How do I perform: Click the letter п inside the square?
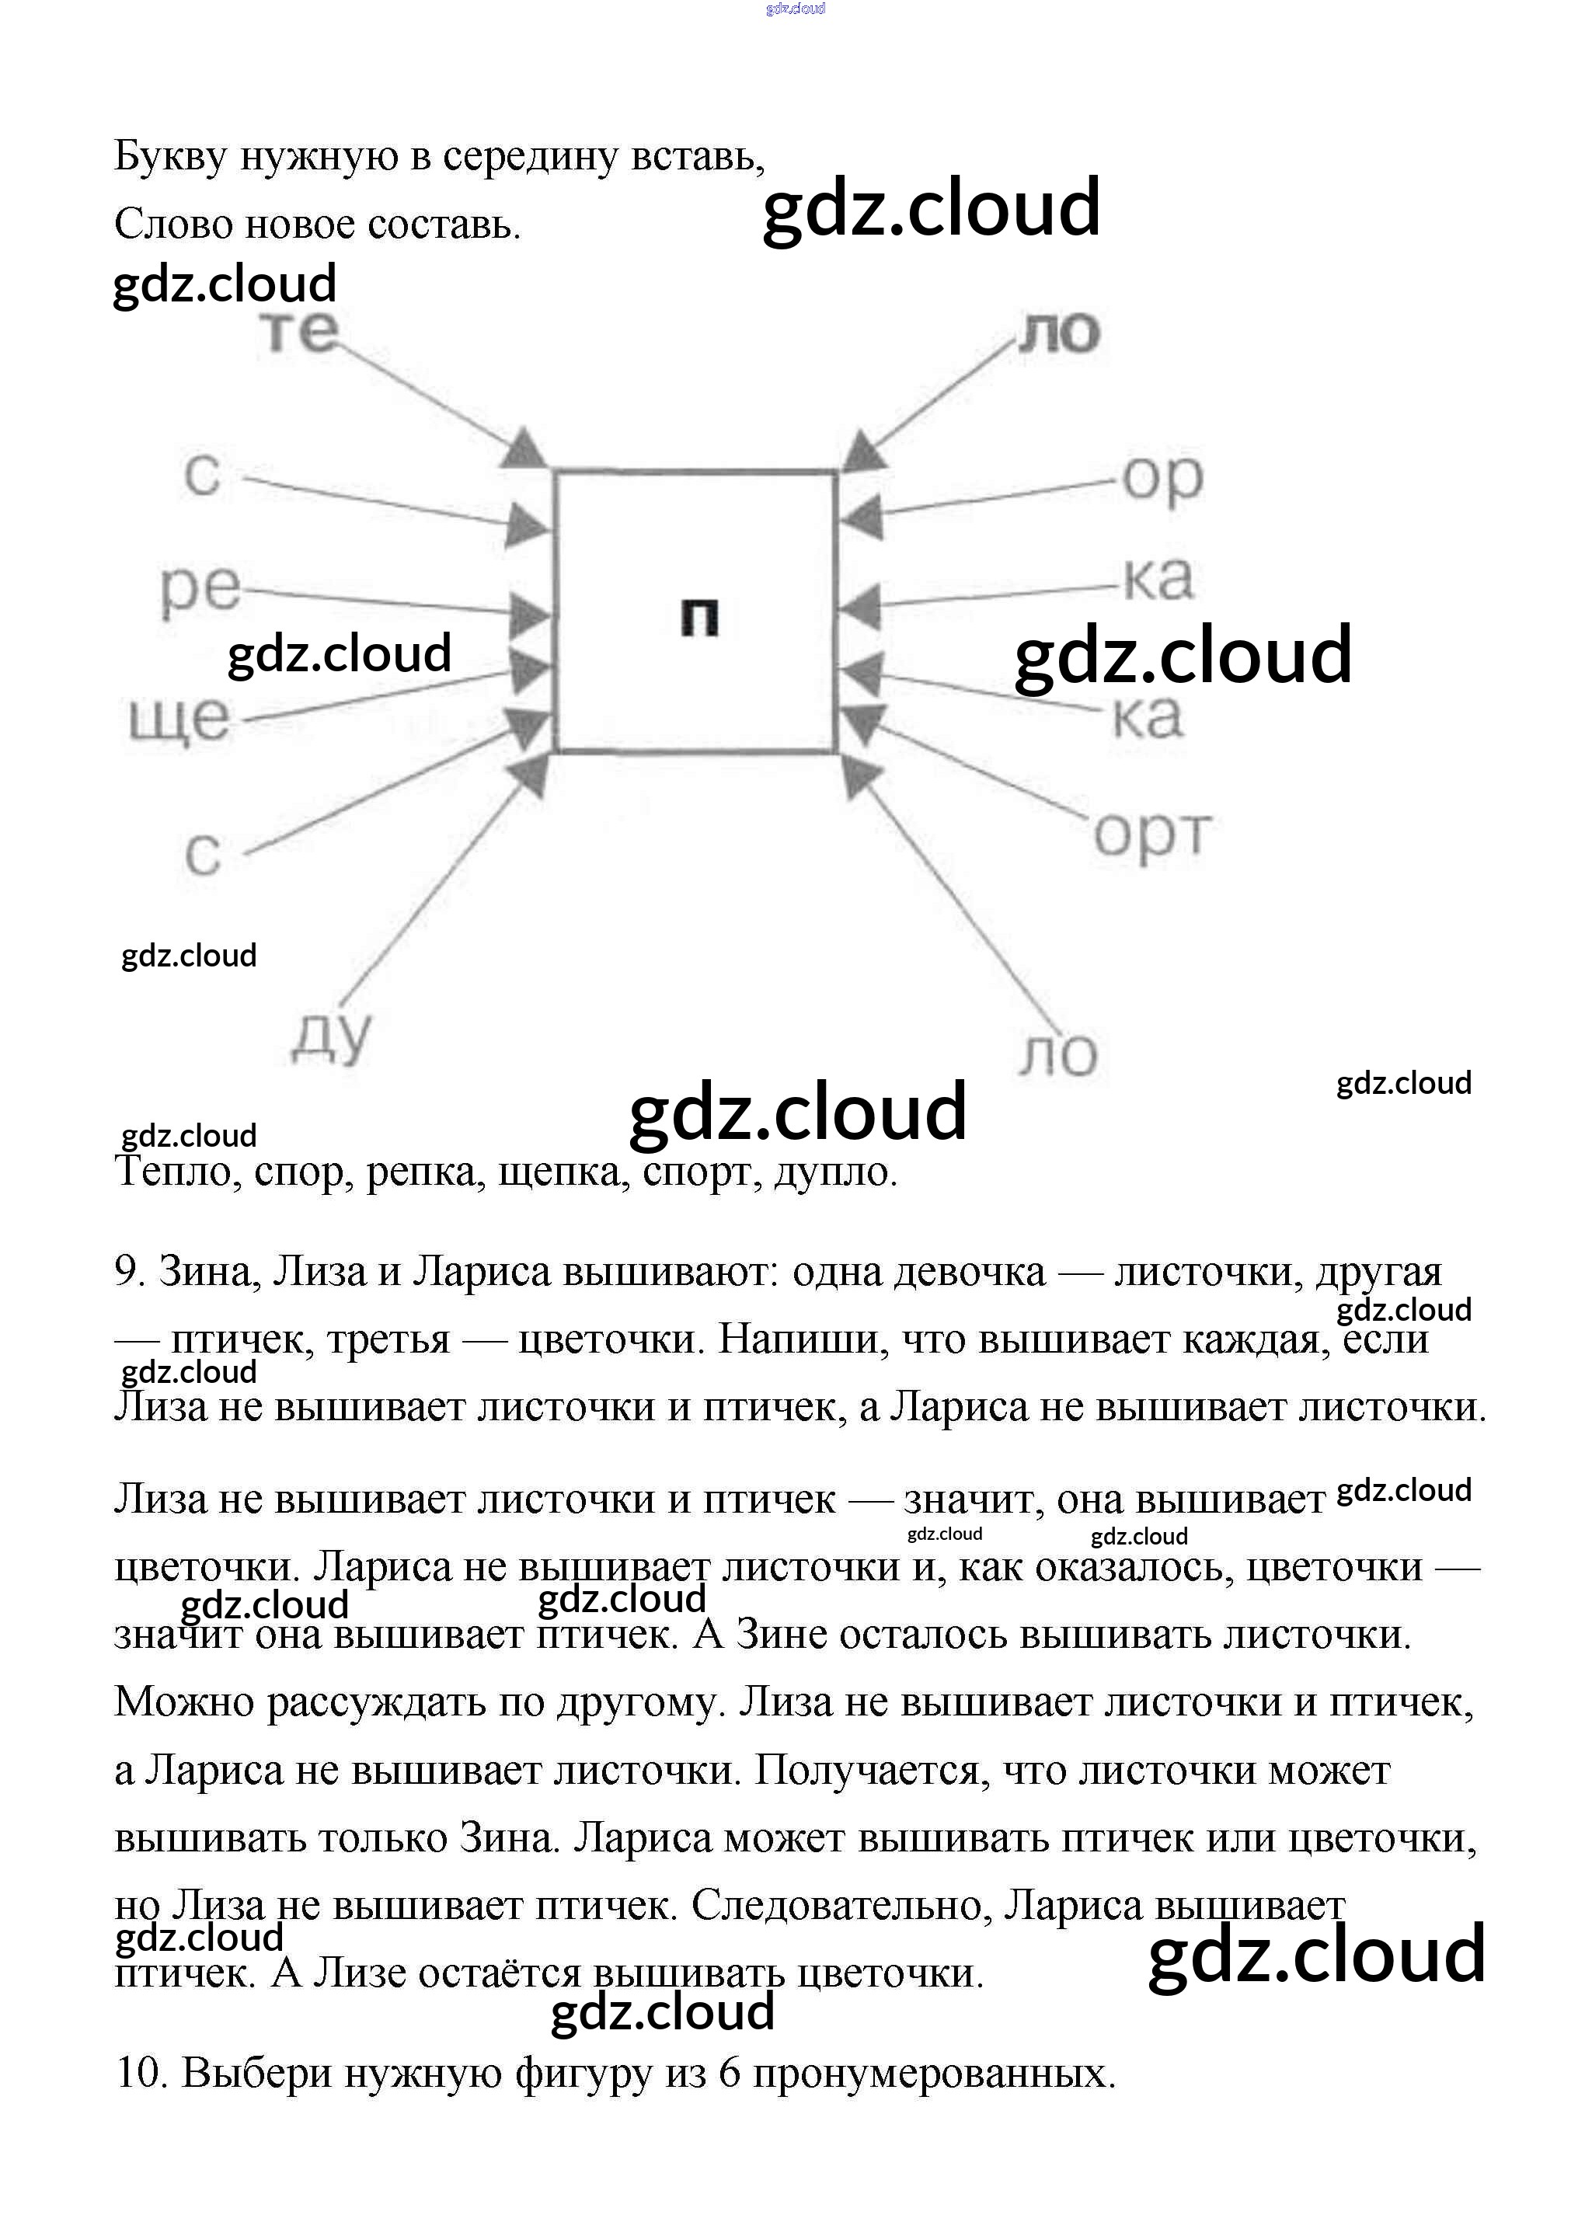699,618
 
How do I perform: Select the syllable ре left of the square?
200,589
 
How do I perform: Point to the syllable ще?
179,720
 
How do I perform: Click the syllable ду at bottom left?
333,1037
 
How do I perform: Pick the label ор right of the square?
1162,479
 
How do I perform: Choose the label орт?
1151,835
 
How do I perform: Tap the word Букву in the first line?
172,157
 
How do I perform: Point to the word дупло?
834,1172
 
